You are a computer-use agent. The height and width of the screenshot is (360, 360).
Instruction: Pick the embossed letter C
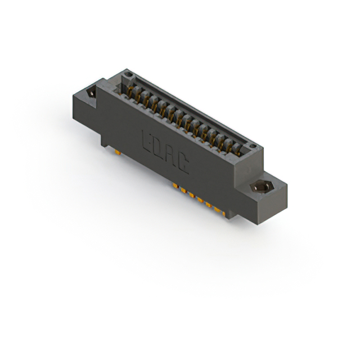click(x=183, y=161)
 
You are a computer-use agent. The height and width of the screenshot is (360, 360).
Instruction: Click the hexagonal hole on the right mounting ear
click(x=261, y=187)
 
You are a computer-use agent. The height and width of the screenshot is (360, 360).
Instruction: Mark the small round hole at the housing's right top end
click(x=254, y=147)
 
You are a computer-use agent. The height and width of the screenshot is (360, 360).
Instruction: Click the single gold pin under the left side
click(x=116, y=151)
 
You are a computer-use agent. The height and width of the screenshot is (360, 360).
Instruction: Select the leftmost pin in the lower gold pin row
click(x=176, y=185)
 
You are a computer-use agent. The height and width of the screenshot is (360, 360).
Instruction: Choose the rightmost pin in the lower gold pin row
click(x=223, y=214)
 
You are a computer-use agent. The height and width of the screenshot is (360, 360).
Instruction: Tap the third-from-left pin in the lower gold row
click(x=192, y=195)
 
